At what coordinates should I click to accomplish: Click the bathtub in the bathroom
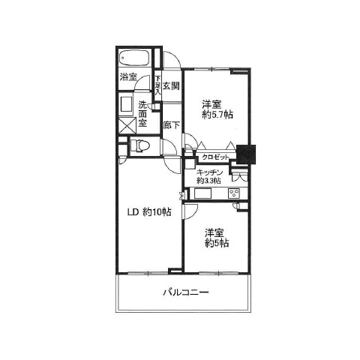[x=135, y=59]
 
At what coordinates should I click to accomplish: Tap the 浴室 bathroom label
[x=127, y=77]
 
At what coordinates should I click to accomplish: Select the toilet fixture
[x=140, y=145]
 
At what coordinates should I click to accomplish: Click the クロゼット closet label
[x=216, y=156]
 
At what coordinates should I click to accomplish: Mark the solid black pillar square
[x=246, y=153]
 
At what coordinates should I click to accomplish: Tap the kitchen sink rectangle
[x=204, y=194]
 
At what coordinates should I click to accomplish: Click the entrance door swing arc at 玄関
[x=173, y=61]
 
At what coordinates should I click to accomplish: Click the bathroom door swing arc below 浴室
[x=144, y=97]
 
